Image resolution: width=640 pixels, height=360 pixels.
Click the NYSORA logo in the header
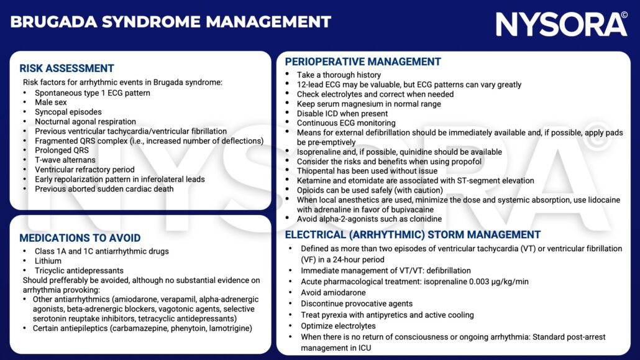coord(561,24)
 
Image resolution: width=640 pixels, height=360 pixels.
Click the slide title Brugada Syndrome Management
coord(171,22)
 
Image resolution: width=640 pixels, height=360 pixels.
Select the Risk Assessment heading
coord(66,68)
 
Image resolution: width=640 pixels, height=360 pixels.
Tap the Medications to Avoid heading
coord(80,238)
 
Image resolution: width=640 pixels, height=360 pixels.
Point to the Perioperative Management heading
coord(363,62)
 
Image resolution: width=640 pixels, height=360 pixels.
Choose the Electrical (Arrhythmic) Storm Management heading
coord(413,235)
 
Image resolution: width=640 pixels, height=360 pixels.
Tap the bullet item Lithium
coord(48,261)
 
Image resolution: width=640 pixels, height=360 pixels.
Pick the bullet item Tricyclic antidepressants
coord(79,270)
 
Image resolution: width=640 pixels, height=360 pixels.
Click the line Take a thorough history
coord(339,75)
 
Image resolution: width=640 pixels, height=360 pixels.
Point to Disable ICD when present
coord(342,114)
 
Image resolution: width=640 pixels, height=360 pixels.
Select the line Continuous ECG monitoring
coord(345,123)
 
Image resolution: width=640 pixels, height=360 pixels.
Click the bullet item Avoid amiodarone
coord(333,293)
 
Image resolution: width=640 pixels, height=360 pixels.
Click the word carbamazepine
coord(144,328)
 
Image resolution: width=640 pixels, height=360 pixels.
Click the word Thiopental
coord(316,171)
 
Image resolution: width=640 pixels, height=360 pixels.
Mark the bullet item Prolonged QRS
coord(62,150)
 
